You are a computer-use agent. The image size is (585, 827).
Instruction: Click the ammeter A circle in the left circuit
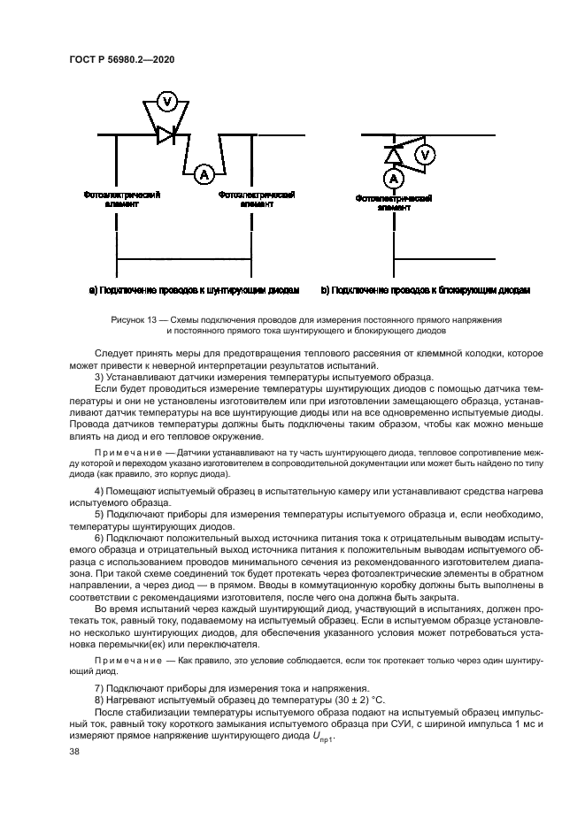204,174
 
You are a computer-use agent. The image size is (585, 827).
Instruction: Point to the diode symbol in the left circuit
166,135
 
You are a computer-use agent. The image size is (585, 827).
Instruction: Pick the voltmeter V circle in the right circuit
425,157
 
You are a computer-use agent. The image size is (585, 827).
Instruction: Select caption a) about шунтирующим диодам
195,290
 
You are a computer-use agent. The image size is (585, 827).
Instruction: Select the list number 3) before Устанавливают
100,378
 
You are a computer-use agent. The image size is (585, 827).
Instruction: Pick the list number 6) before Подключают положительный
100,539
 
